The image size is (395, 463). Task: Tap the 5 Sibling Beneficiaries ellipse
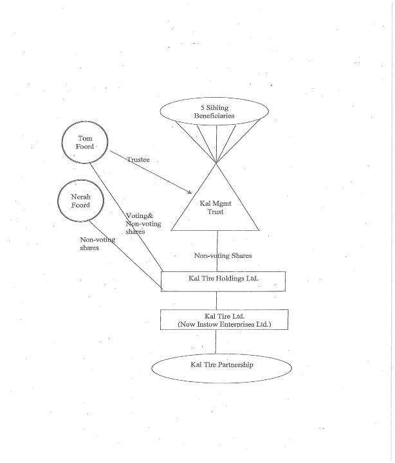tap(214, 112)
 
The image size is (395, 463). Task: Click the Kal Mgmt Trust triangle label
tap(216, 208)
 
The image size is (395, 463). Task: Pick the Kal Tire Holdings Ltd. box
tap(223, 280)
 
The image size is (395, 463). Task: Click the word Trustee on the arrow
tap(138, 159)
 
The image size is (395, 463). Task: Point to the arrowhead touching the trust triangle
tap(189, 192)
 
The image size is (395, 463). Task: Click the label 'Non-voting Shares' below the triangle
tap(223, 256)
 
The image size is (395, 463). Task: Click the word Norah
tap(80, 196)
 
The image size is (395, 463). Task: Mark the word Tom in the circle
tap(86, 138)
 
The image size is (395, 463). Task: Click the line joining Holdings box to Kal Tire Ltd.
tap(216, 300)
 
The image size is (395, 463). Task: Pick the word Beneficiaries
tap(214, 116)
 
